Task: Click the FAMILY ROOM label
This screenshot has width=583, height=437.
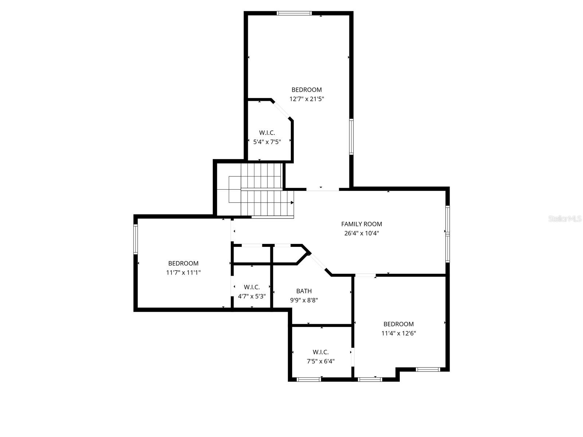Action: pos(361,224)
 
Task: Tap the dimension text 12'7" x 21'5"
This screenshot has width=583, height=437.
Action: pos(307,99)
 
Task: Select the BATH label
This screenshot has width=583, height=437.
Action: pos(304,291)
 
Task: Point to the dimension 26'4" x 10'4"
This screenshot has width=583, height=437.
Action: pos(361,233)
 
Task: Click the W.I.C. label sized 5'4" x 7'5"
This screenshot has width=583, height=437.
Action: pos(267,133)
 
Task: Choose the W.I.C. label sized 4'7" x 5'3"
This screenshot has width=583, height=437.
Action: pos(252,287)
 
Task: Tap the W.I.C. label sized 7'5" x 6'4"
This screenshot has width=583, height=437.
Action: pos(321,352)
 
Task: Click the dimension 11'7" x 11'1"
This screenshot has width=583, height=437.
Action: pos(183,272)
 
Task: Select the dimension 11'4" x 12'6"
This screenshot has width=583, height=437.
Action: pos(399,333)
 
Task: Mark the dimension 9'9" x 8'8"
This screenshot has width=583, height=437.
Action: pos(304,300)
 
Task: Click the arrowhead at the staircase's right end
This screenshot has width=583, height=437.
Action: pos(292,202)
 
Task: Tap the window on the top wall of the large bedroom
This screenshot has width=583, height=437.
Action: pos(294,13)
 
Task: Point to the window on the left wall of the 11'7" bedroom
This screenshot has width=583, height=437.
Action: pos(136,239)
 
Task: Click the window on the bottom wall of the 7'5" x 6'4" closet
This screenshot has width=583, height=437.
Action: pos(309,379)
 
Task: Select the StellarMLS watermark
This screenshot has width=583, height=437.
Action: pos(565,219)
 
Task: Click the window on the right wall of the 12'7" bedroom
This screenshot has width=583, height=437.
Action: pos(351,137)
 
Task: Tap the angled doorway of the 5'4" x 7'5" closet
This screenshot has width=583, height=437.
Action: pos(282,110)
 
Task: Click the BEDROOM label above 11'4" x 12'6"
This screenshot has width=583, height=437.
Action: pos(399,324)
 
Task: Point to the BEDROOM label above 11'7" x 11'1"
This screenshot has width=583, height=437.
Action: pos(183,263)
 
